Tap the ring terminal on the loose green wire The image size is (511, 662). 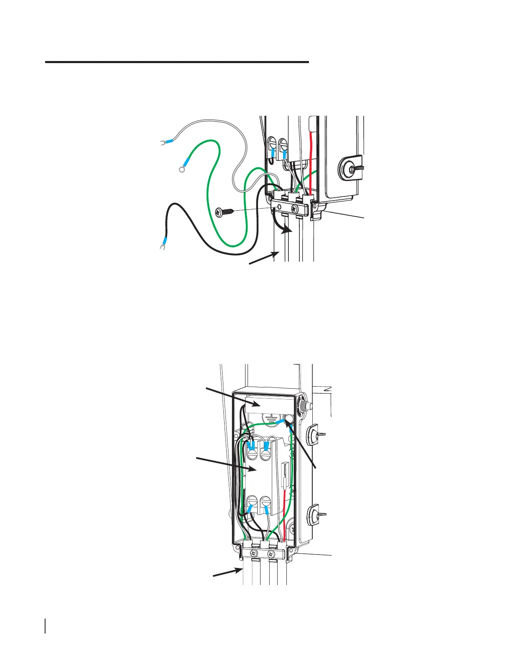181,169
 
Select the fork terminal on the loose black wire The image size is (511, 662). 161,248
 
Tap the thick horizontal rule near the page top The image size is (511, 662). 177,62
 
